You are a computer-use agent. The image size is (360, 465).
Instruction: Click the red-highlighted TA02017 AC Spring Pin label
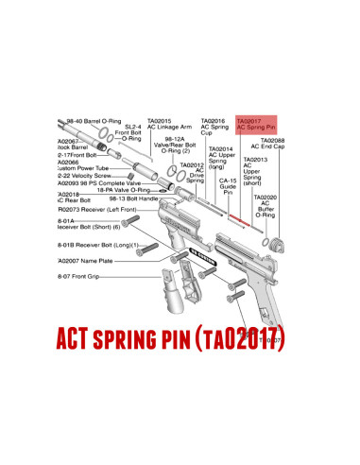click(254, 124)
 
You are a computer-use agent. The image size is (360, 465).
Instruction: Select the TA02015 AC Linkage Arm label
click(170, 124)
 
